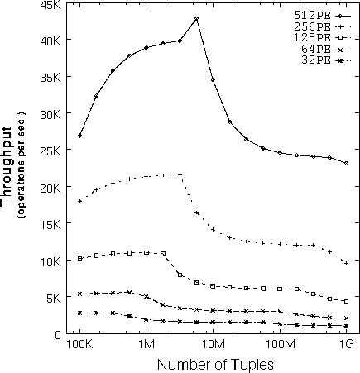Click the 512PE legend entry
(323, 16)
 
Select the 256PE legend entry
(323, 27)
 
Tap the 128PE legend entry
(323, 38)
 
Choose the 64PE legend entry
(326, 50)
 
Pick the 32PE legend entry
(326, 60)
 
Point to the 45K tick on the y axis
(50, 5)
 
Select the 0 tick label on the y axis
(58, 335)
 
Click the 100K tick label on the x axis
(79, 345)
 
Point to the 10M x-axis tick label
(213, 345)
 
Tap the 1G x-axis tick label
(346, 345)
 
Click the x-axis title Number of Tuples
(215, 365)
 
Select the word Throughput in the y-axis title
(7, 166)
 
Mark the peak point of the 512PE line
(196, 18)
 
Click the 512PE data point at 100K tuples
(79, 136)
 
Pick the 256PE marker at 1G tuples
(346, 263)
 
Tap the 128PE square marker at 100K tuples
(80, 258)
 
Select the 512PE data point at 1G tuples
(346, 163)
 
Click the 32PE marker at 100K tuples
(80, 313)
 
